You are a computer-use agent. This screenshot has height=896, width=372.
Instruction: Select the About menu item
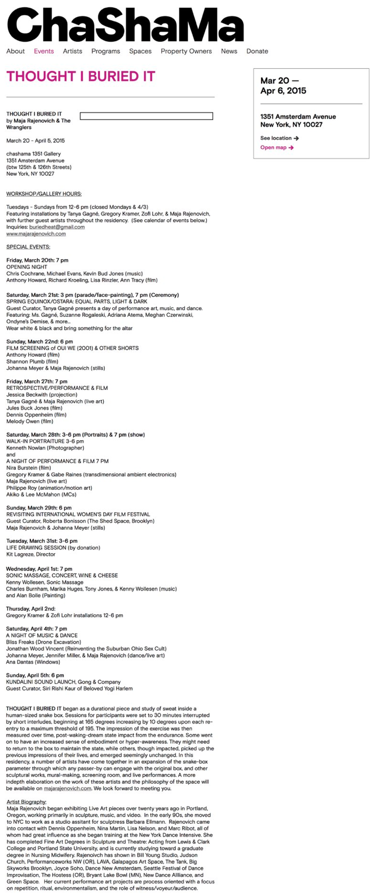(16, 51)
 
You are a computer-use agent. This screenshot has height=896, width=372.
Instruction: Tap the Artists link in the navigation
(72, 51)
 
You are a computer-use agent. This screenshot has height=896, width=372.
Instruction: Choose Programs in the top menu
(105, 51)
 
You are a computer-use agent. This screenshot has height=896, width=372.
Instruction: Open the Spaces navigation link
(140, 51)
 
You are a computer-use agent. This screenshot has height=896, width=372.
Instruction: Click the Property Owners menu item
(186, 51)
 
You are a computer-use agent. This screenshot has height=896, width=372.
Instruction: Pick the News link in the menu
(229, 51)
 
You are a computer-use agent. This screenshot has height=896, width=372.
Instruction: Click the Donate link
(257, 51)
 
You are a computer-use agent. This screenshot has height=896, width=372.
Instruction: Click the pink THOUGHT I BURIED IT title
(81, 77)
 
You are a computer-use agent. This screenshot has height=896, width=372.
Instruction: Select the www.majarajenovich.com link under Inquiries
(36, 234)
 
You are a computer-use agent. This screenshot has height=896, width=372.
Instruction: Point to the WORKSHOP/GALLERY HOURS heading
(44, 194)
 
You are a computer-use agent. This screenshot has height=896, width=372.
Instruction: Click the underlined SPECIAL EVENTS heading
(28, 247)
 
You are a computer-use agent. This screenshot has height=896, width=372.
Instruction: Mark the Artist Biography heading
(26, 801)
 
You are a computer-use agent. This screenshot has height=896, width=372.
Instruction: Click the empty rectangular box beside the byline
(146, 116)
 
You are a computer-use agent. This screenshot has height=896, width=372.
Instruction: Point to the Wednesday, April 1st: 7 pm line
(39, 569)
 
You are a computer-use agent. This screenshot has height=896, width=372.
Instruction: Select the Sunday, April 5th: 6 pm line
(35, 675)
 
